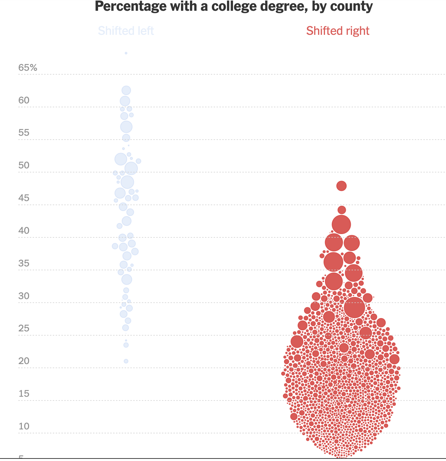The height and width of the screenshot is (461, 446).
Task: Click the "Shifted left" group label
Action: click(126, 31)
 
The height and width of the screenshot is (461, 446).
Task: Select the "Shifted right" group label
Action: click(338, 31)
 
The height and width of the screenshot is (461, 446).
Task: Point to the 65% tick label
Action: click(28, 67)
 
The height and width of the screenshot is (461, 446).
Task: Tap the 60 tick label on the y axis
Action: click(24, 100)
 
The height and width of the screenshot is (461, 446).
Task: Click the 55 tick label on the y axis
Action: click(24, 132)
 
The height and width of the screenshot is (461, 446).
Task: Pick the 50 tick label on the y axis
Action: click(24, 165)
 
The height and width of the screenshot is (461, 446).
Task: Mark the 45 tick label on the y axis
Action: click(24, 198)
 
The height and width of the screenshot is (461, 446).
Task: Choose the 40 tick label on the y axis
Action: click(24, 230)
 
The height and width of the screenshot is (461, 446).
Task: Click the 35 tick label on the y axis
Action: click(24, 263)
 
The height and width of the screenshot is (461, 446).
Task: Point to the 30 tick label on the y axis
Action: click(24, 296)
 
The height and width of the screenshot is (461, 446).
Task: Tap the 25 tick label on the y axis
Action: click(24, 328)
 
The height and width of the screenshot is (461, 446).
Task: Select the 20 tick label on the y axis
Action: click(24, 361)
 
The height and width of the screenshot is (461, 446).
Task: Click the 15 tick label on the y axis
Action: click(24, 394)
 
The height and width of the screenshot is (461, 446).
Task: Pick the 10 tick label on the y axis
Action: click(24, 426)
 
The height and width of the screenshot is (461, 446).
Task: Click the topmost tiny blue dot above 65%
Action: click(126, 53)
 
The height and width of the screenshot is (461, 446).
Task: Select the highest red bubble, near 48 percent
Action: click(342, 186)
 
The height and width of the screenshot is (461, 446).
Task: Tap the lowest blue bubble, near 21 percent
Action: click(126, 361)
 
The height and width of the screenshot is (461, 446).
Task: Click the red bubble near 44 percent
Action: click(342, 210)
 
